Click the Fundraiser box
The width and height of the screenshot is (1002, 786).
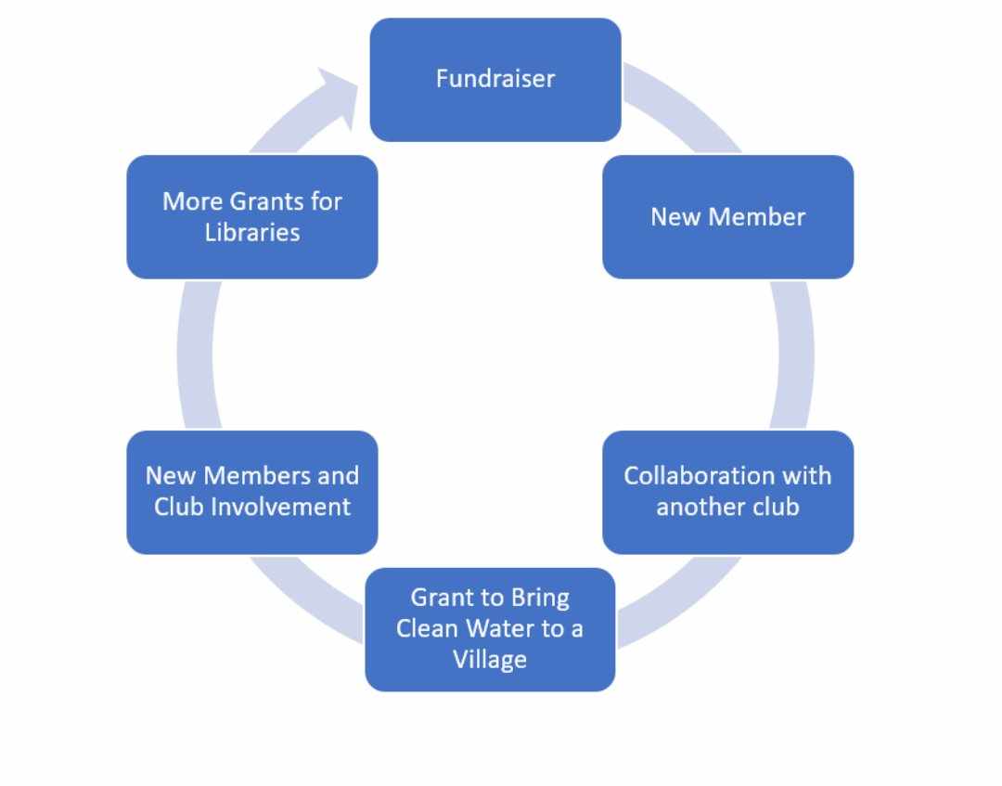click(495, 79)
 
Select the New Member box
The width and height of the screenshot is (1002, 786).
click(727, 216)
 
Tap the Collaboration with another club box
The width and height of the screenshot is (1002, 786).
click(727, 492)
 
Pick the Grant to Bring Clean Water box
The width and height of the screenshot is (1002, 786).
click(490, 628)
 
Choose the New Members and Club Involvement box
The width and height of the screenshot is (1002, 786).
click(252, 492)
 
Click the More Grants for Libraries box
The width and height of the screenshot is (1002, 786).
click(252, 216)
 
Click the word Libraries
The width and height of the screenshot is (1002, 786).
click(252, 232)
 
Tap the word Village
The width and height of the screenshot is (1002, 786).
click(490, 660)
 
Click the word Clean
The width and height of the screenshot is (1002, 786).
click(427, 628)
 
